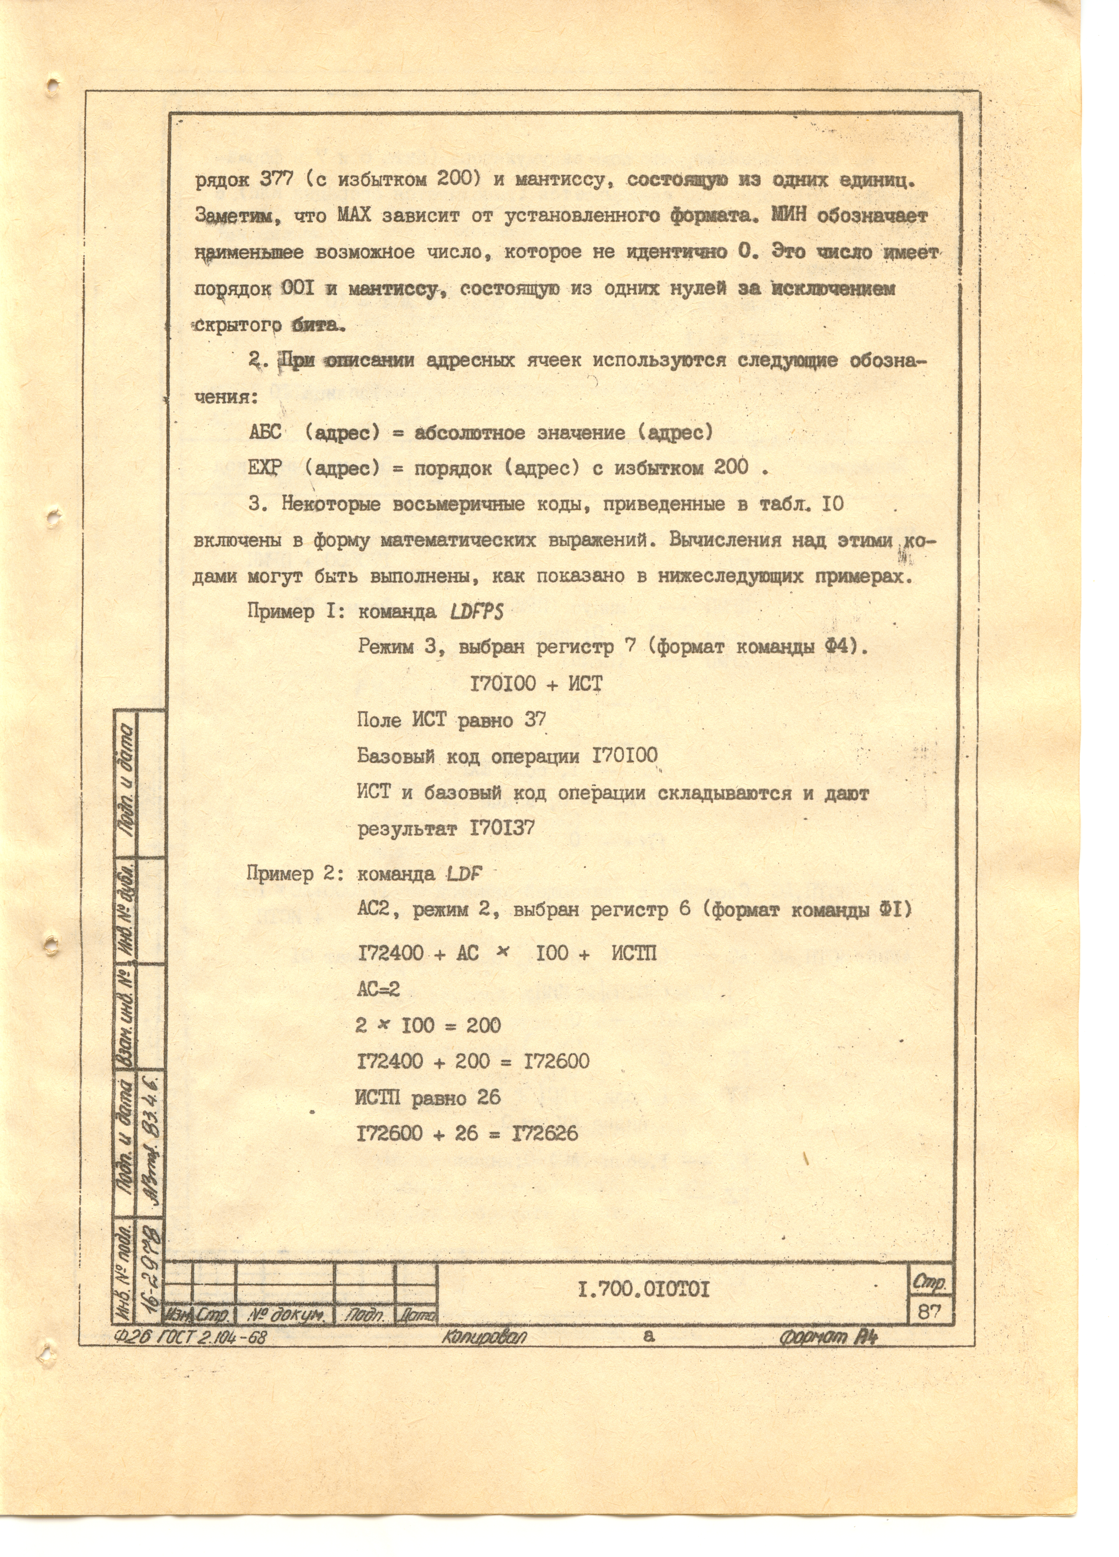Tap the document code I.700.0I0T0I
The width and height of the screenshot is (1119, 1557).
pyautogui.click(x=643, y=1291)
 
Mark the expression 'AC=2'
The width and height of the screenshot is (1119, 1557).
pyautogui.click(x=378, y=989)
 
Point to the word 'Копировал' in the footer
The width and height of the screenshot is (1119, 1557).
pyautogui.click(x=484, y=1337)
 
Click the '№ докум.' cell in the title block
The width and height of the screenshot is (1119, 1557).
pyautogui.click(x=285, y=1315)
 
